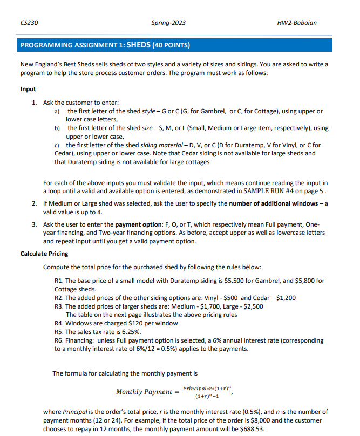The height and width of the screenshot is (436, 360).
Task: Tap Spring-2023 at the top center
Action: [x=169, y=23]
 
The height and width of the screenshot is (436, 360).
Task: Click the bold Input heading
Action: [x=28, y=89]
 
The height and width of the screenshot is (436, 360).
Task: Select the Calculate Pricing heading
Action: [x=44, y=254]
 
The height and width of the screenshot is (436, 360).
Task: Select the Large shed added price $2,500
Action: [x=253, y=306]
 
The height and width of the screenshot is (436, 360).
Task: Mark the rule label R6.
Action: [x=60, y=340]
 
